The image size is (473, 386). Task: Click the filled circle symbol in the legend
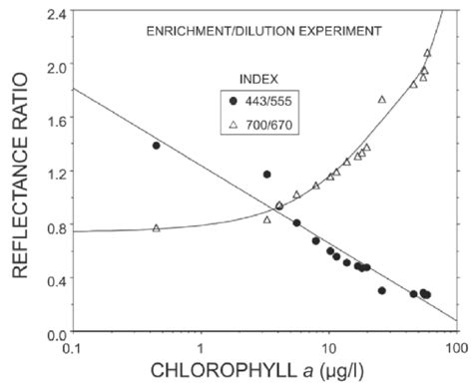point(235,101)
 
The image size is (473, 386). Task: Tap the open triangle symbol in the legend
point(235,121)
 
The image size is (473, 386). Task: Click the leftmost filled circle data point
point(156,146)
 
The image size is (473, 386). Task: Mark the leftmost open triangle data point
point(156,228)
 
